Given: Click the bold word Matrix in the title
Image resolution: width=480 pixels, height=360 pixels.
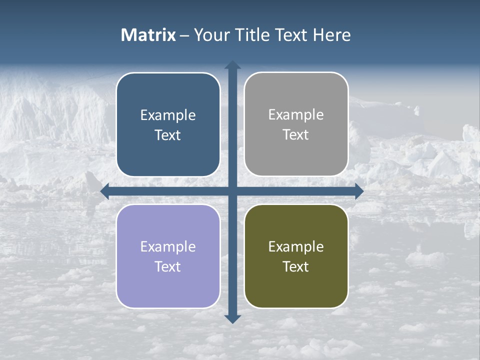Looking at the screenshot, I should click(x=148, y=35).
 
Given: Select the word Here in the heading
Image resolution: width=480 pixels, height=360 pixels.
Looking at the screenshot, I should click(x=331, y=35).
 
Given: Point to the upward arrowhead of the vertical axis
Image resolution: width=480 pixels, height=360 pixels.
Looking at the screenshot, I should click(x=232, y=65).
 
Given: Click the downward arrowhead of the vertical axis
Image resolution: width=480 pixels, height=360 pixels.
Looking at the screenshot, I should click(x=232, y=319).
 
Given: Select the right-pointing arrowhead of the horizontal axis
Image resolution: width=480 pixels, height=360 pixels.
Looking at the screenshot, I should click(x=358, y=191).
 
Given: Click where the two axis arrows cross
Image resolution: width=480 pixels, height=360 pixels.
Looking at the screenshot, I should click(x=232, y=191).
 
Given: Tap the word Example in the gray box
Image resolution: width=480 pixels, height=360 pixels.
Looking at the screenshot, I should click(x=296, y=115).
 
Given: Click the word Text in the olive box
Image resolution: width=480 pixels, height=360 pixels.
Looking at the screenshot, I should click(x=296, y=266).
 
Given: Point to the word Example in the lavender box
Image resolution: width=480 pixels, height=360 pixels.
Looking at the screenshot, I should click(x=168, y=246).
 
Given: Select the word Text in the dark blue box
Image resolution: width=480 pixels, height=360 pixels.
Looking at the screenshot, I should click(x=168, y=135).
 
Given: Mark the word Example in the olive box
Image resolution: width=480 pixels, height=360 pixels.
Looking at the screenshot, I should click(x=296, y=246).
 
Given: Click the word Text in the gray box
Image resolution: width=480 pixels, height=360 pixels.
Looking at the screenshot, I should click(x=296, y=134).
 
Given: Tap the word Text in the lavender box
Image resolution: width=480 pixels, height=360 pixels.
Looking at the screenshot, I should click(x=168, y=266).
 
